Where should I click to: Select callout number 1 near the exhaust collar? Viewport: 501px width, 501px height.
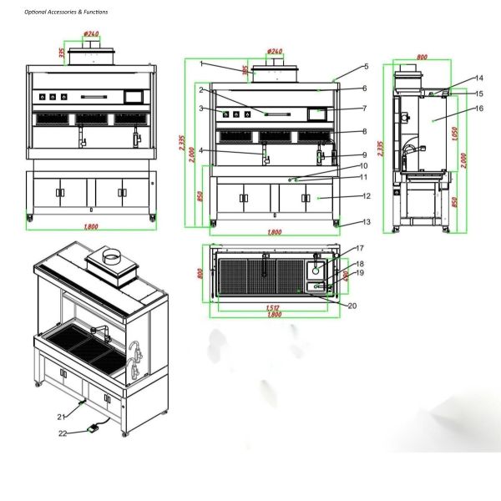point(201,64)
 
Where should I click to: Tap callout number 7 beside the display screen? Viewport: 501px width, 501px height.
point(201,109)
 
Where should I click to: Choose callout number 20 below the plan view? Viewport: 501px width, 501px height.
point(352,306)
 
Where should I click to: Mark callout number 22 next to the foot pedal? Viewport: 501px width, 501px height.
point(62,433)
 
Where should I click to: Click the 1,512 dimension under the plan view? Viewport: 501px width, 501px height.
point(273,307)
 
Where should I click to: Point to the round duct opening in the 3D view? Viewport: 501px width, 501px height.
point(110,256)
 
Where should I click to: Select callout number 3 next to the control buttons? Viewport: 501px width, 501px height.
point(201,109)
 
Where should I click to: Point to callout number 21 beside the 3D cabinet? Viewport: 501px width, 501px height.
point(61,416)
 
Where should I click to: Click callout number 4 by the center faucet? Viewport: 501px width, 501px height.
point(201,150)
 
